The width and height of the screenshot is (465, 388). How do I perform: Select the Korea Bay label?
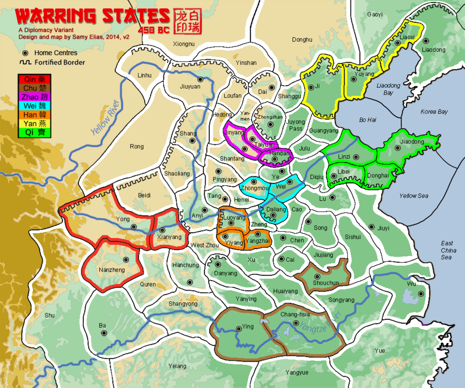(433, 111)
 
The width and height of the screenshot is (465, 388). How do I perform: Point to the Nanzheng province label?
(111, 270)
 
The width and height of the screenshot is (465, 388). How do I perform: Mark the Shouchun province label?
(326, 283)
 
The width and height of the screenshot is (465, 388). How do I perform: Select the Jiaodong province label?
(412, 141)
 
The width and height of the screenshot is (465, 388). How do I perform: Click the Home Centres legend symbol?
(25, 53)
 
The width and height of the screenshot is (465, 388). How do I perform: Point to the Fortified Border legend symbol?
(25, 62)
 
